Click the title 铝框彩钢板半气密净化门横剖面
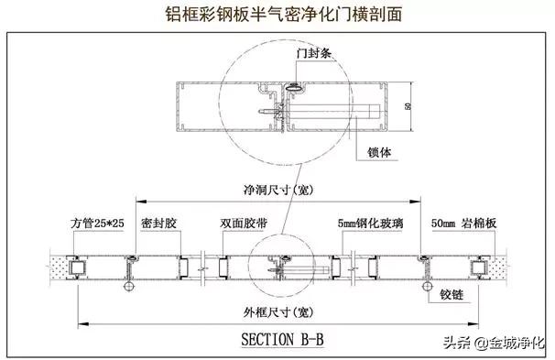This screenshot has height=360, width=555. pos(277,15)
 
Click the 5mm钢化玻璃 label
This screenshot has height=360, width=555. pos(368,223)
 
